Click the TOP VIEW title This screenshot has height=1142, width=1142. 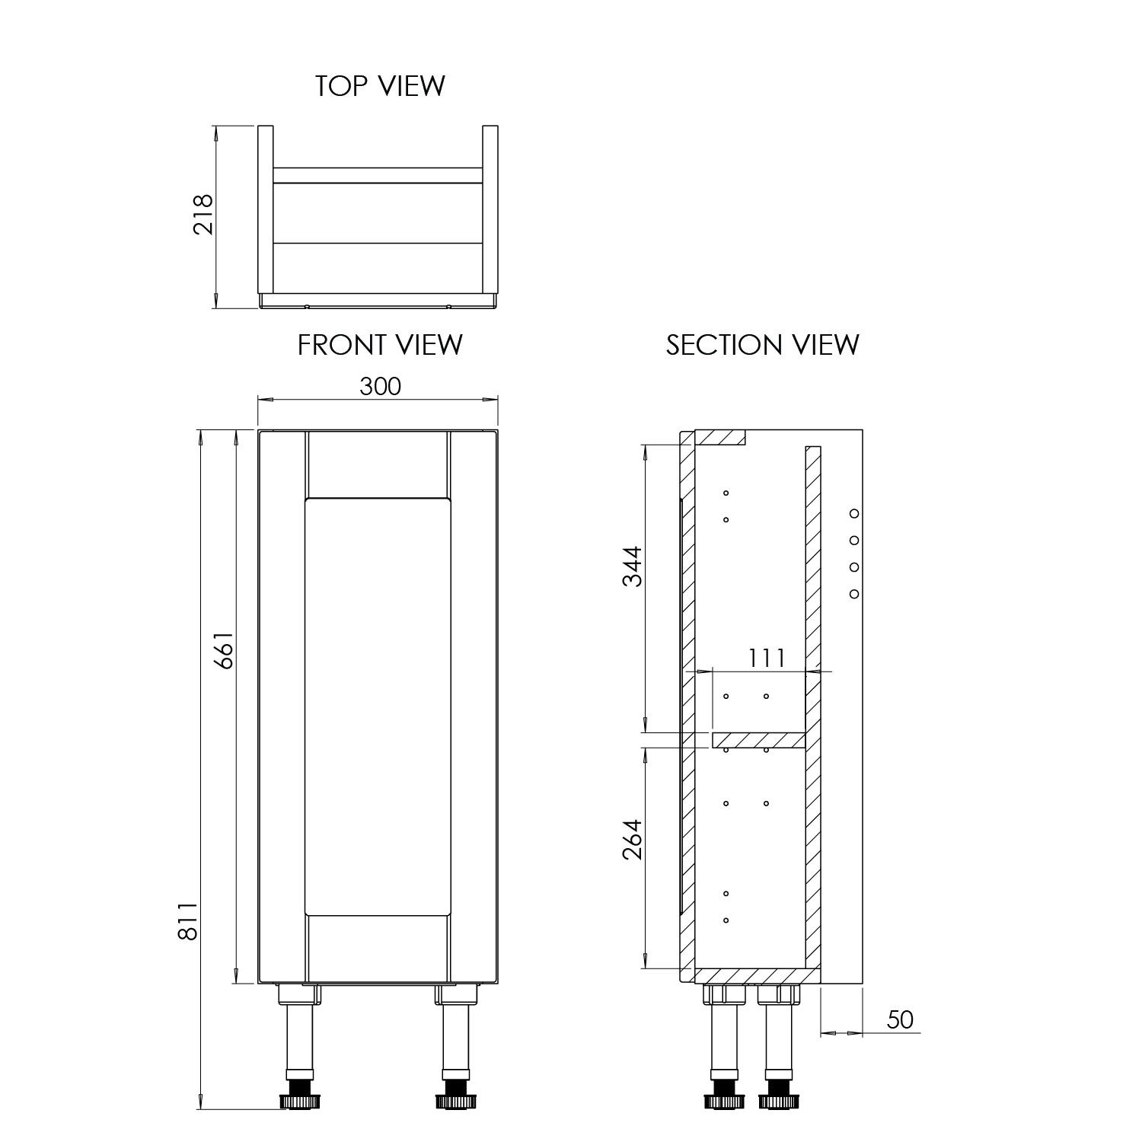coord(380,86)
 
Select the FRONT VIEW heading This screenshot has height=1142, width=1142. coord(380,345)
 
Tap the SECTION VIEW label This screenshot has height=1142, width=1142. coord(762,345)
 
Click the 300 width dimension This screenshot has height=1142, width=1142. coord(380,387)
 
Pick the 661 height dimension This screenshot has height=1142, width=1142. coord(223,649)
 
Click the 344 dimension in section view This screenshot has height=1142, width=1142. coord(633,566)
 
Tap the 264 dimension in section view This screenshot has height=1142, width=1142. coord(633,840)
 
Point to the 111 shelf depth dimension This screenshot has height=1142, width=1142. coord(766,657)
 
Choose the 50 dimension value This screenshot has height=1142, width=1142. coord(900,1019)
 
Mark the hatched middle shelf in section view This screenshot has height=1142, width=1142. coord(758,740)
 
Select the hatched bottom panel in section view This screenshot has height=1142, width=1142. coord(758,975)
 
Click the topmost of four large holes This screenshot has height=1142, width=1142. coord(854,513)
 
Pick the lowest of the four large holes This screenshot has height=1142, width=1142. coord(854,594)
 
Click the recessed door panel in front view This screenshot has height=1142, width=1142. coord(378,707)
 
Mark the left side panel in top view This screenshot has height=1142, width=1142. coord(265,209)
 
